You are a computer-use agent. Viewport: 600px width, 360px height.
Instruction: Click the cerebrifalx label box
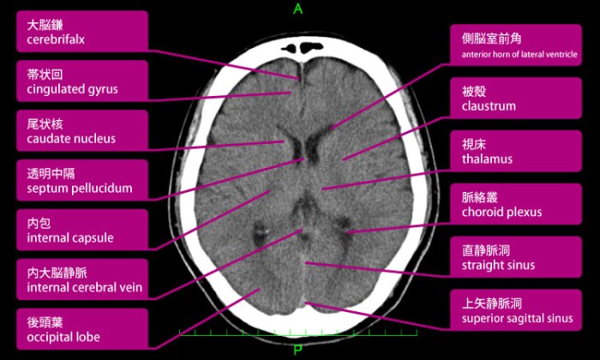[82, 32]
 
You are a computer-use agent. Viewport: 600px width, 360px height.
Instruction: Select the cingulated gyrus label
[82, 81]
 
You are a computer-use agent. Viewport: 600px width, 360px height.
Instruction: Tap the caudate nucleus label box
[82, 130]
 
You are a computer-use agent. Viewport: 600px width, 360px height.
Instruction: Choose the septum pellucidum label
[82, 180]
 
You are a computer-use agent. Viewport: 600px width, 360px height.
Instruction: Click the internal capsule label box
[82, 230]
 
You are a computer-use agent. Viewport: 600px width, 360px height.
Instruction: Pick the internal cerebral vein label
[82, 279]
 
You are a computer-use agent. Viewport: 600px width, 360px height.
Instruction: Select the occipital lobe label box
[82, 329]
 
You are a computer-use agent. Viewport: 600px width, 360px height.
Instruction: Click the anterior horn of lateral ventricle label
[516, 45]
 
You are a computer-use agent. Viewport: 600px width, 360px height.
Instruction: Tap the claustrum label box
[516, 98]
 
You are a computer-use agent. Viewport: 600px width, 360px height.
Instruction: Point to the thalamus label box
[516, 151]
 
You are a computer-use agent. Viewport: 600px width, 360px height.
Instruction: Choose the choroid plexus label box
[516, 204]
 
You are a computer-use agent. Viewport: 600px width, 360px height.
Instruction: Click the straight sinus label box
[516, 257]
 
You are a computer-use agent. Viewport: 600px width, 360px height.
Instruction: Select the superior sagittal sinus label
[516, 310]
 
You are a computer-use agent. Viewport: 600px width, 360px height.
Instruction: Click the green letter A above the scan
[297, 9]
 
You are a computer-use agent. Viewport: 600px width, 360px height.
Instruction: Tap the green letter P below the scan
[297, 350]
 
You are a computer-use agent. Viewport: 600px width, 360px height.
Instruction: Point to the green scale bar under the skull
[298, 335]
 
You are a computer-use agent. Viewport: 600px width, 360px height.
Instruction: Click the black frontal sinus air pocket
[303, 48]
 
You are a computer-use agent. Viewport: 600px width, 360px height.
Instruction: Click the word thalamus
[487, 159]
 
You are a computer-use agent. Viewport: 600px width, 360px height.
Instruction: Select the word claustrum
[489, 106]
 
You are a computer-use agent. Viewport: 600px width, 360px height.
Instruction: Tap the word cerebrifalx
[56, 39]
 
